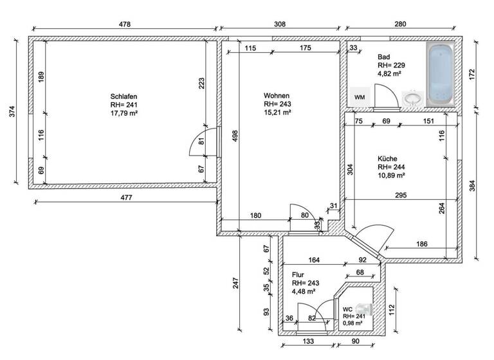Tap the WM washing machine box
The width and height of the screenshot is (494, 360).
[360, 96]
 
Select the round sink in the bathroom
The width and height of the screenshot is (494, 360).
[412, 98]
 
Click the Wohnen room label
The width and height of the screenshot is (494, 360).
[276, 94]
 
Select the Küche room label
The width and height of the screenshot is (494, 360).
[387, 158]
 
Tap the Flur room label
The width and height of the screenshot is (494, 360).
[298, 274]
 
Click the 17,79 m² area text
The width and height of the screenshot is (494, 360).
[125, 113]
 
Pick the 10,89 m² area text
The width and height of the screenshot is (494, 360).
[391, 175]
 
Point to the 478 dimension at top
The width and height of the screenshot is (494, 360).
[125, 24]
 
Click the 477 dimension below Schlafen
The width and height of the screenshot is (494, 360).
[125, 198]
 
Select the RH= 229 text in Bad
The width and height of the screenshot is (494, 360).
[390, 65]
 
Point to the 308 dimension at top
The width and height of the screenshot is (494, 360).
[279, 24]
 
